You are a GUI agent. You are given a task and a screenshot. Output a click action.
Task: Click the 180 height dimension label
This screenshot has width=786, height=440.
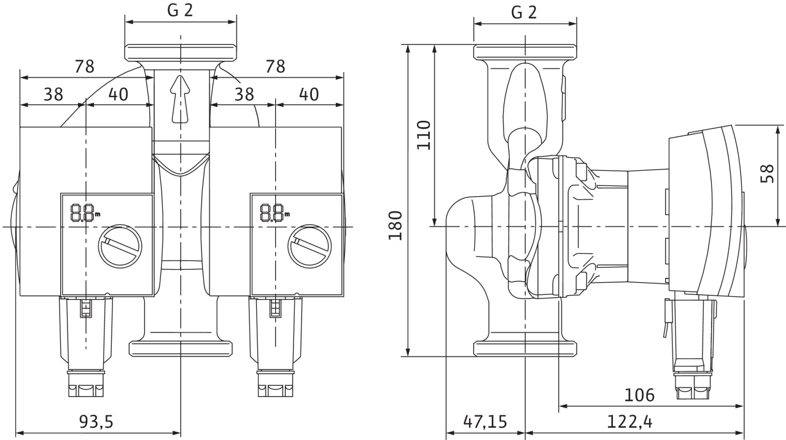coord(395,226)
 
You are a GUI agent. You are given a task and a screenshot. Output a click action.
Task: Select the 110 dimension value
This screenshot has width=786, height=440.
coord(424,135)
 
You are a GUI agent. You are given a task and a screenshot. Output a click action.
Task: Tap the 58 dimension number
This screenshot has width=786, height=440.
coord(767,173)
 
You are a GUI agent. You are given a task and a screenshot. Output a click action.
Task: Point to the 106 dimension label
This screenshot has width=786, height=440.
coord(639,395)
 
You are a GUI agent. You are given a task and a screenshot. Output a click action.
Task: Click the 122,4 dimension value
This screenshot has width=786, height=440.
coord(629,422)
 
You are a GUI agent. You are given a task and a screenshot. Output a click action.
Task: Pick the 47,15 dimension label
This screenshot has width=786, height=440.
coord(485,422)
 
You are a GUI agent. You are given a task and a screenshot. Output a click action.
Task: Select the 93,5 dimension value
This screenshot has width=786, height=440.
coord(96,422)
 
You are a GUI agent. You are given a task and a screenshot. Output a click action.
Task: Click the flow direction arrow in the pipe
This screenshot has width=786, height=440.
coord(181,99)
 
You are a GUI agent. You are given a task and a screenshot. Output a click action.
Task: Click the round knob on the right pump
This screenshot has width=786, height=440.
coord(310,246)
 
